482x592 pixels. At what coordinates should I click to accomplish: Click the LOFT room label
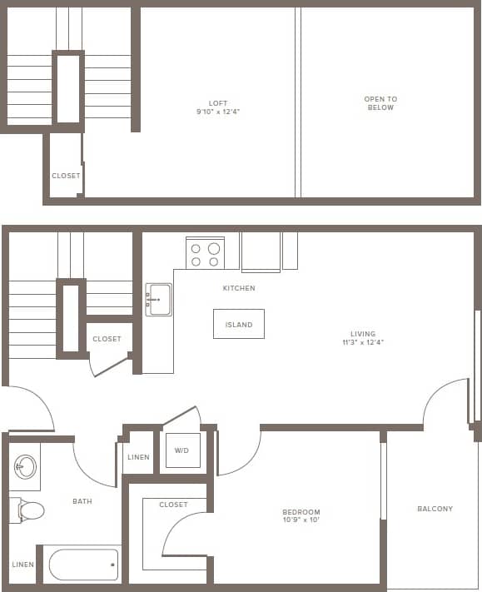click(x=218, y=103)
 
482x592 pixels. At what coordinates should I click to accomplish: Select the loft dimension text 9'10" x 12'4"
click(x=218, y=112)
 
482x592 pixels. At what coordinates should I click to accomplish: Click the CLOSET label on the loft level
click(x=67, y=176)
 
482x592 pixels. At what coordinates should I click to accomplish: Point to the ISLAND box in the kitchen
click(x=239, y=324)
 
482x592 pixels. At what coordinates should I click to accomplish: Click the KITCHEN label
click(x=239, y=288)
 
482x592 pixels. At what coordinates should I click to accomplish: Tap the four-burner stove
click(x=204, y=253)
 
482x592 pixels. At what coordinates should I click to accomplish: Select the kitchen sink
click(x=158, y=300)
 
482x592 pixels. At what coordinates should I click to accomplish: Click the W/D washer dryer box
click(x=182, y=450)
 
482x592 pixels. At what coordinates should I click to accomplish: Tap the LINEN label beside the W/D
click(x=139, y=457)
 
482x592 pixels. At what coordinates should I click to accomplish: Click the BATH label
click(x=82, y=501)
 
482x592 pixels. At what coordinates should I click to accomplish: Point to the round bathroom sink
click(x=27, y=466)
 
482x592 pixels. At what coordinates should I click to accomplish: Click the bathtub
click(x=83, y=565)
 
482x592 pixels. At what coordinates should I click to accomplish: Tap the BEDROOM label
click(x=301, y=512)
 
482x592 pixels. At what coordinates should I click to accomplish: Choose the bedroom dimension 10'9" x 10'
click(x=301, y=520)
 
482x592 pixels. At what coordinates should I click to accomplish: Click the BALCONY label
click(x=435, y=509)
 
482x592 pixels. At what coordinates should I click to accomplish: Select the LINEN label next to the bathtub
click(x=23, y=565)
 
